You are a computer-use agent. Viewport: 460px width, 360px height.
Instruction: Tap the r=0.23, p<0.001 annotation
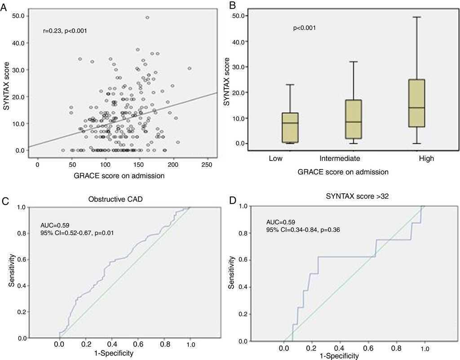pyautogui.click(x=65, y=31)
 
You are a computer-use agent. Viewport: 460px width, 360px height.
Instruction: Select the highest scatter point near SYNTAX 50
pyautogui.click(x=147, y=18)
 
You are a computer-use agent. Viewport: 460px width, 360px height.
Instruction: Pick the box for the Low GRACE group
pyautogui.click(x=290, y=128)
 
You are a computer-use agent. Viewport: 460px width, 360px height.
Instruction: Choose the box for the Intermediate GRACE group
pyautogui.click(x=354, y=119)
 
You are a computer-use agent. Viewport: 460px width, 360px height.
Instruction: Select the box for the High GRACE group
pyautogui.click(x=417, y=103)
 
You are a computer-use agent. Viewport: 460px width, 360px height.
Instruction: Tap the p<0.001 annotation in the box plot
pyautogui.click(x=304, y=28)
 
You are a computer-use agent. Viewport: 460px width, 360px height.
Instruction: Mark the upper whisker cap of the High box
pyautogui.click(x=417, y=17)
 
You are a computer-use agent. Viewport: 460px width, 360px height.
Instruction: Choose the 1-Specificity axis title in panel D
pyautogui.click(x=340, y=356)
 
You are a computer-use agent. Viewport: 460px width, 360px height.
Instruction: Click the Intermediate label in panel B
pyautogui.click(x=340, y=158)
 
